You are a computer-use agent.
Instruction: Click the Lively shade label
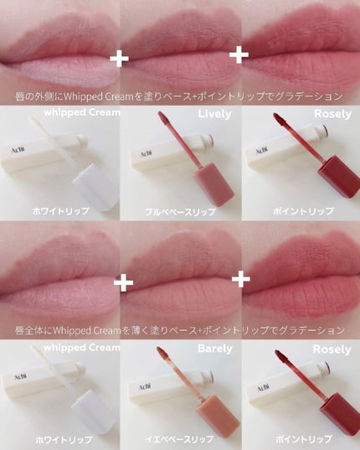point(214,114)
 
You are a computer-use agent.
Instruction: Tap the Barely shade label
point(215,349)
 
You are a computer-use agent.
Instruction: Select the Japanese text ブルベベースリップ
point(180,212)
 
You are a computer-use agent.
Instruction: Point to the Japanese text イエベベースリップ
point(179,439)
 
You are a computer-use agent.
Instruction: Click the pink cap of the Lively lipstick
point(213,184)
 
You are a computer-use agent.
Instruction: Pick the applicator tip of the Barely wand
point(162,353)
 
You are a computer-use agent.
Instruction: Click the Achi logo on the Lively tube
point(147,153)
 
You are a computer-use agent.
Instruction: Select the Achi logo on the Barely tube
point(145,386)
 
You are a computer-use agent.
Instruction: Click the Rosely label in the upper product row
point(332,114)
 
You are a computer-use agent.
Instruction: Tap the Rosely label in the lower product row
point(332,349)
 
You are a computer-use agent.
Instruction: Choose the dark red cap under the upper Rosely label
point(339,177)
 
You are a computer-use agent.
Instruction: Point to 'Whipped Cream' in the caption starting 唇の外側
point(99,97)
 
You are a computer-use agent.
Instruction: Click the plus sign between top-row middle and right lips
point(239,54)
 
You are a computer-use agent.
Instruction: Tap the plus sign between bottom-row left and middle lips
point(124,282)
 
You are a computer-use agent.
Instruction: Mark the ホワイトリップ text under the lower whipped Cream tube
point(64,439)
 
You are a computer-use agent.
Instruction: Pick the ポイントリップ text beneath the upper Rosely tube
point(303,211)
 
